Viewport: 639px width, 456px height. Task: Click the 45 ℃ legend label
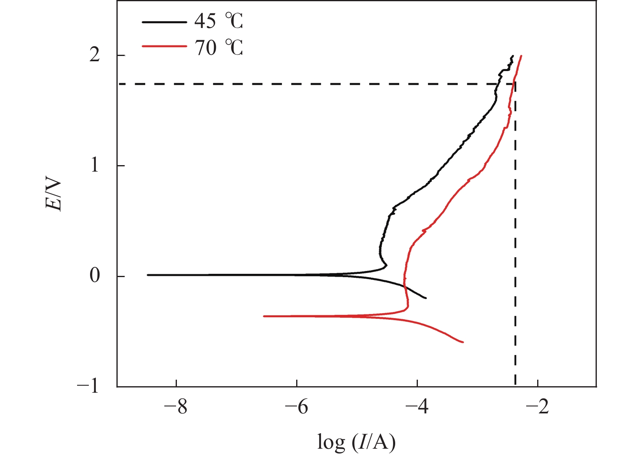(x=218, y=21)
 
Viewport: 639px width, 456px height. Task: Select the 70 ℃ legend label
(x=218, y=48)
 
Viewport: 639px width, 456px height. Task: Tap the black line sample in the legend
(x=164, y=22)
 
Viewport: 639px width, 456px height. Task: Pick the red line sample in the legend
(x=164, y=46)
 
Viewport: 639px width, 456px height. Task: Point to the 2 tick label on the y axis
(x=95, y=55)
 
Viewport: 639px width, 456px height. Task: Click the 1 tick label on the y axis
(x=95, y=165)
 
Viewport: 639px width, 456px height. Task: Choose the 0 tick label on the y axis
(x=95, y=275)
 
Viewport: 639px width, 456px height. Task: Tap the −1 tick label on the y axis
(x=88, y=386)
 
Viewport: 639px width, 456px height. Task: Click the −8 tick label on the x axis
(x=176, y=406)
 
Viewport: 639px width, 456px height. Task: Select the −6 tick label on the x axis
(x=297, y=406)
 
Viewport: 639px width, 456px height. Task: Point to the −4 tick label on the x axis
(x=417, y=406)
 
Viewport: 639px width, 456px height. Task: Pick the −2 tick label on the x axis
(x=538, y=406)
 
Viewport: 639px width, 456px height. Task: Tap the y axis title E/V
(x=54, y=195)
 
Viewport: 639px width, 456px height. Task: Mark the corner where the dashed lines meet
(x=515, y=84)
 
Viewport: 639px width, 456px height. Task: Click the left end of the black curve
(x=148, y=275)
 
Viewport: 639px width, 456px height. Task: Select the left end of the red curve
(x=264, y=316)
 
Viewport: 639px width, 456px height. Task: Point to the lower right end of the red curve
(x=463, y=342)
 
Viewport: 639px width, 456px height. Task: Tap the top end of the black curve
(x=513, y=56)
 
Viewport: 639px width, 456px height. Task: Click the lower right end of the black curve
(x=426, y=298)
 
